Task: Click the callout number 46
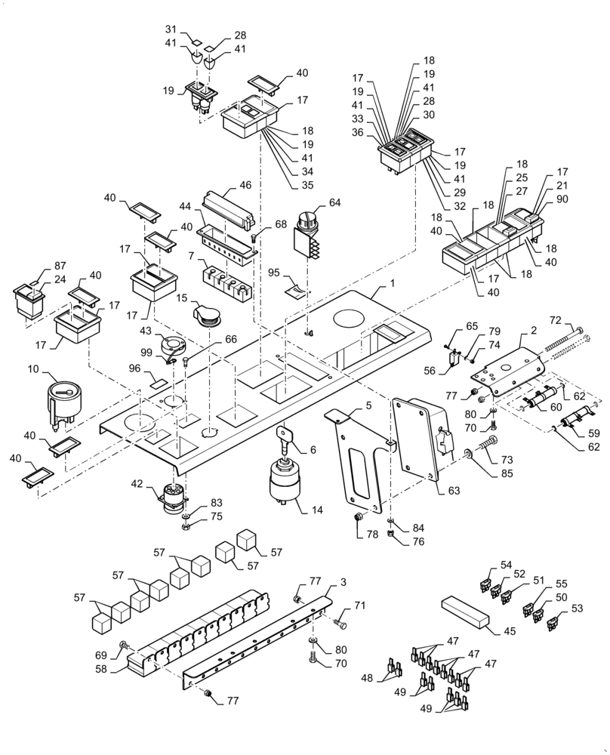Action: pyautogui.click(x=245, y=183)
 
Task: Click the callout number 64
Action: pyautogui.click(x=335, y=202)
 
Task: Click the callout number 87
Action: pyautogui.click(x=60, y=267)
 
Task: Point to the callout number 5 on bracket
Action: pyautogui.click(x=368, y=405)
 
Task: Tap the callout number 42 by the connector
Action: pyautogui.click(x=137, y=484)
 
